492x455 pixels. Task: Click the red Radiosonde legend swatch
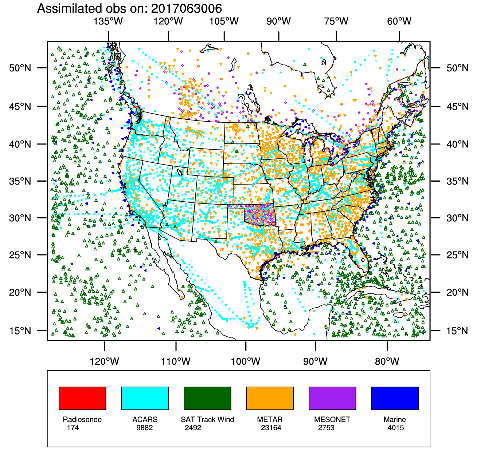pos(82,398)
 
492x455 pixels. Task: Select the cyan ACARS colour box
pos(145,398)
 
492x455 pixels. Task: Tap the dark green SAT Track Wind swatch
pos(207,398)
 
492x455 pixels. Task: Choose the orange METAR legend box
pos(270,398)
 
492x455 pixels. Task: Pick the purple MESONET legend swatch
pos(332,398)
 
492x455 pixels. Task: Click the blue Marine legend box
pos(395,398)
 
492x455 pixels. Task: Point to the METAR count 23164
pos(271,428)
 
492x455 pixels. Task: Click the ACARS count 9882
pos(145,428)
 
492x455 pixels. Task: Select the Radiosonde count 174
pos(73,428)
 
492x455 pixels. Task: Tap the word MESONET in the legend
pos(332,420)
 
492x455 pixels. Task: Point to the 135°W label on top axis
pos(108,21)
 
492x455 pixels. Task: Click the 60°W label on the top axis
pos(399,21)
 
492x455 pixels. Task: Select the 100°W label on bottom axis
pos(246,361)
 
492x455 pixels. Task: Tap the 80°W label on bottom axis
pos(387,361)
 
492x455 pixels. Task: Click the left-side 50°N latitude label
pos(20,68)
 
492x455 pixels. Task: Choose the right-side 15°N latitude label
pos(457,331)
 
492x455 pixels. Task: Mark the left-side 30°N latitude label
pos(20,218)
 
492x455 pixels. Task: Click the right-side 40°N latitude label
pos(457,145)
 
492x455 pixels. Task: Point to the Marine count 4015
pos(396,428)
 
